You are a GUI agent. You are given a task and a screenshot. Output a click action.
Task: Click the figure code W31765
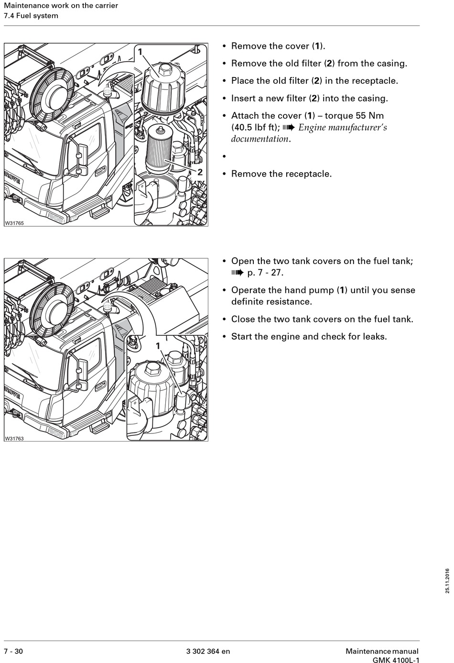pyautogui.click(x=14, y=223)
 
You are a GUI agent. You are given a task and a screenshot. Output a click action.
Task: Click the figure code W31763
pyautogui.click(x=14, y=438)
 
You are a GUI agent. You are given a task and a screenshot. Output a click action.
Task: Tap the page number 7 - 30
pyautogui.click(x=13, y=651)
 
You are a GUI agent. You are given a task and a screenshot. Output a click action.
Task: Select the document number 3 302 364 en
pyautogui.click(x=208, y=651)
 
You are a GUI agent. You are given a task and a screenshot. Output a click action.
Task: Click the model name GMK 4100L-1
pyautogui.click(x=396, y=660)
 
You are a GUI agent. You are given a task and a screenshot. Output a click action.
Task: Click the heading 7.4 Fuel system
pyautogui.click(x=31, y=16)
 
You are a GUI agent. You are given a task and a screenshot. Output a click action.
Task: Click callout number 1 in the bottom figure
pyautogui.click(x=158, y=345)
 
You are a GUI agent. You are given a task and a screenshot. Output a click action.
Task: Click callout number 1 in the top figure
pyautogui.click(x=140, y=51)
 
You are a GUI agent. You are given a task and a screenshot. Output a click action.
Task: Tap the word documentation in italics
pyautogui.click(x=260, y=139)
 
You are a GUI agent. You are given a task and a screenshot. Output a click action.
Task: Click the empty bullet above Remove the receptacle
pyautogui.click(x=224, y=156)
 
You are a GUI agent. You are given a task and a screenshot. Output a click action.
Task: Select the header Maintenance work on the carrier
pyautogui.click(x=61, y=6)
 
